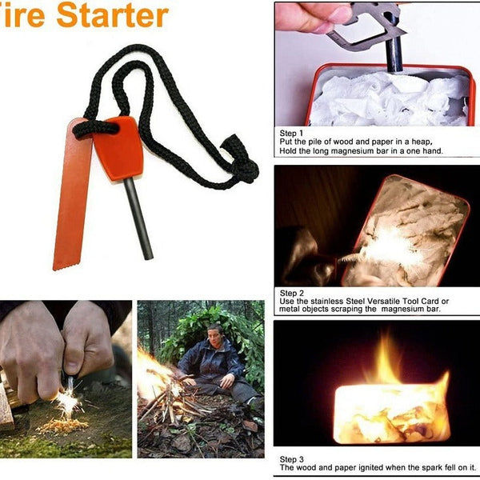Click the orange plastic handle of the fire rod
point(118,149)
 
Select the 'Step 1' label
point(291,133)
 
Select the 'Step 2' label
point(291,292)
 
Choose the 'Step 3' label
point(291,459)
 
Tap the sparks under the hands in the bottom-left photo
point(67,404)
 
